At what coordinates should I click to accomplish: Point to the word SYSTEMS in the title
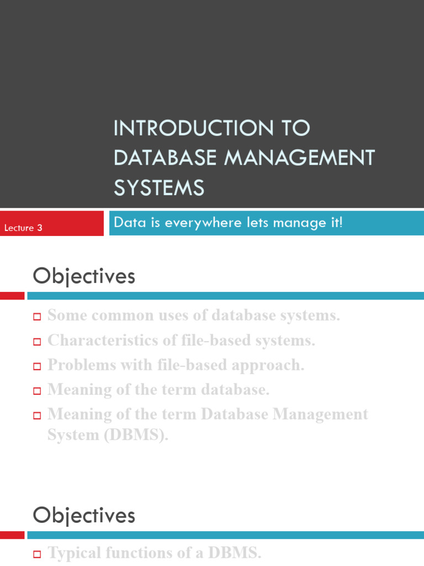tap(159, 187)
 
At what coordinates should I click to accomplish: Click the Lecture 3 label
tap(23, 228)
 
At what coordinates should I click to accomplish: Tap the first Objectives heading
tap(84, 276)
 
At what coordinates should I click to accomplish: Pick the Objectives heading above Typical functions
tap(84, 515)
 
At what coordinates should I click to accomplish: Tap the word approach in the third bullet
tap(270, 365)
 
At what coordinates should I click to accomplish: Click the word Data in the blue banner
tap(125, 223)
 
